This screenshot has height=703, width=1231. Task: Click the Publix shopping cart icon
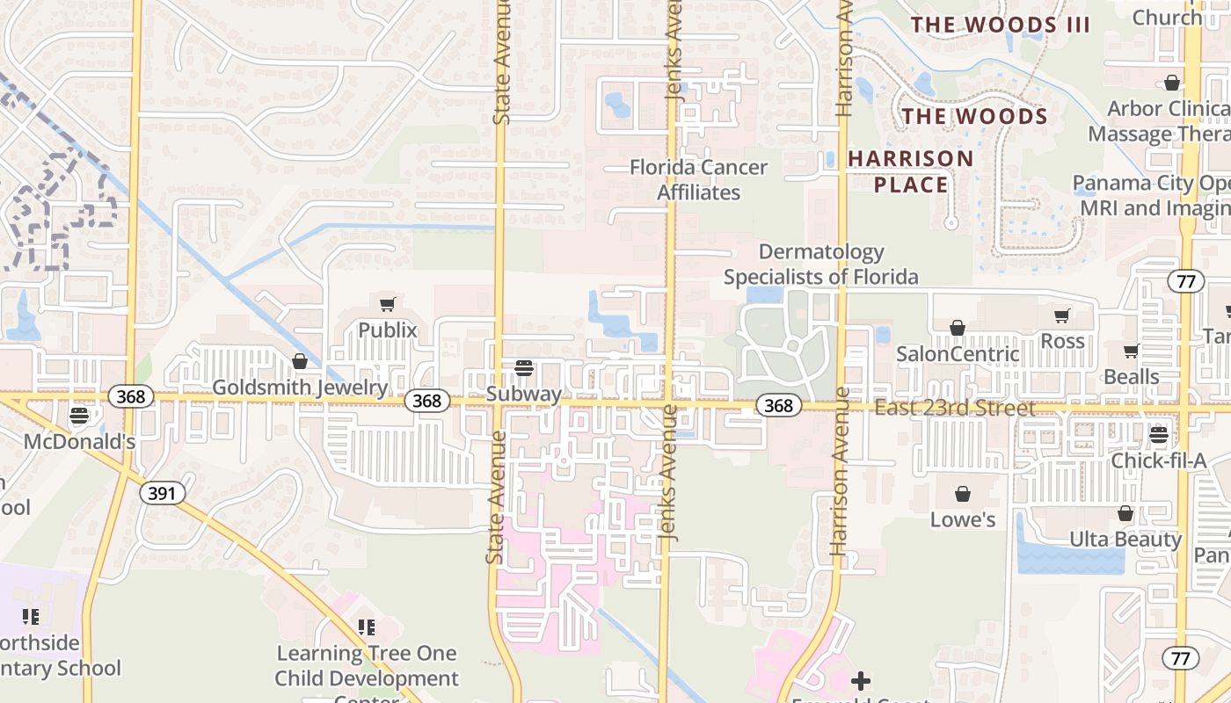(387, 305)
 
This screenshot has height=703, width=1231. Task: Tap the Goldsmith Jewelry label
(300, 388)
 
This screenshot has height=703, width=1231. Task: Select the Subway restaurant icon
(524, 368)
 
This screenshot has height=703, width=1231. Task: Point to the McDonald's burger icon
(80, 416)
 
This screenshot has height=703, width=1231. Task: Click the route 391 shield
(162, 493)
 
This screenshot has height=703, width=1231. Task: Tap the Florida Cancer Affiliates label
(699, 179)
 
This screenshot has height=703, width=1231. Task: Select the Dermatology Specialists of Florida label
(820, 265)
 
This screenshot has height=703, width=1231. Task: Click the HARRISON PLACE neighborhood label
(911, 171)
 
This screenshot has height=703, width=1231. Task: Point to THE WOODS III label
(1000, 25)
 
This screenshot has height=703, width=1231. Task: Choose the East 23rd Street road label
(954, 409)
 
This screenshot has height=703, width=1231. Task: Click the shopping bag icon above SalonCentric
(958, 328)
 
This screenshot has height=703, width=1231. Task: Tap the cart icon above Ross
(1062, 315)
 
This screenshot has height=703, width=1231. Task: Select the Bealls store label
(1131, 377)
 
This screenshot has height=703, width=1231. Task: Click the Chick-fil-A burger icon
(1158, 435)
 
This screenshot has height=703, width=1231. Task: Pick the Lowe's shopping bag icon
(963, 494)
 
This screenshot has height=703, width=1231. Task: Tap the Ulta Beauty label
(1125, 539)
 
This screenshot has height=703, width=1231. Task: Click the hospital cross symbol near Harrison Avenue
(861, 681)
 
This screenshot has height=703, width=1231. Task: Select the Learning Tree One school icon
(367, 627)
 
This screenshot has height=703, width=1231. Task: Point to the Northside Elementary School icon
(31, 617)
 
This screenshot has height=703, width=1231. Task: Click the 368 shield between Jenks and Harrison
(778, 405)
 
